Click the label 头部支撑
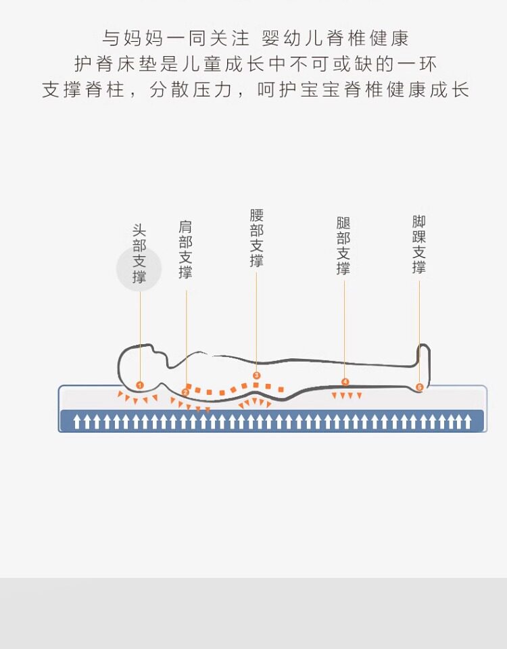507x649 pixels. pyautogui.click(x=139, y=254)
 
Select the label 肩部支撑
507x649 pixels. pyautogui.click(x=186, y=249)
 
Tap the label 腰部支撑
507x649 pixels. pyautogui.click(x=256, y=238)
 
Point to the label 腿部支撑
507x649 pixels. pyautogui.click(x=343, y=245)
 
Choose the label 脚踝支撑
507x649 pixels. pyautogui.click(x=419, y=245)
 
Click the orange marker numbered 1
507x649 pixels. pyautogui.click(x=140, y=385)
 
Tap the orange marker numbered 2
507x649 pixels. pyautogui.click(x=185, y=391)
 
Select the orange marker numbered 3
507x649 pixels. pyautogui.click(x=256, y=375)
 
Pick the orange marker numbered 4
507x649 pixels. pyautogui.click(x=345, y=382)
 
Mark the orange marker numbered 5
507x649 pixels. pyautogui.click(x=419, y=387)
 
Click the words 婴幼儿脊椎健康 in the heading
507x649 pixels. pyautogui.click(x=335, y=38)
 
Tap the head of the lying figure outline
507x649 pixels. pyautogui.click(x=139, y=365)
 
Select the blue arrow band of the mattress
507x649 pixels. pyautogui.click(x=272, y=421)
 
